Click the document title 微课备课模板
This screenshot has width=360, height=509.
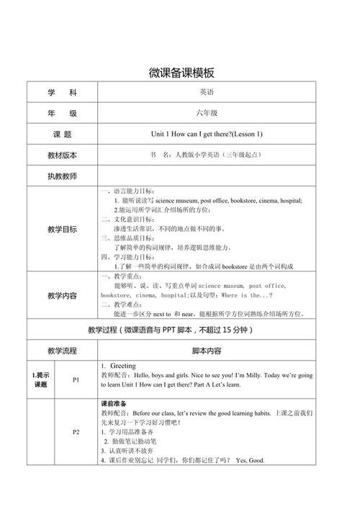pos(180,72)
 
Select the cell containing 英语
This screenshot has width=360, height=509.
pos(207,92)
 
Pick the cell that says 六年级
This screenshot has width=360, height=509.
pos(207,113)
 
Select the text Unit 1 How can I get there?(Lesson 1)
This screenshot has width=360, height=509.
pos(207,134)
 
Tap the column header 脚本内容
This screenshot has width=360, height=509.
pos(207,351)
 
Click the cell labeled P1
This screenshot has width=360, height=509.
pos(76,379)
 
